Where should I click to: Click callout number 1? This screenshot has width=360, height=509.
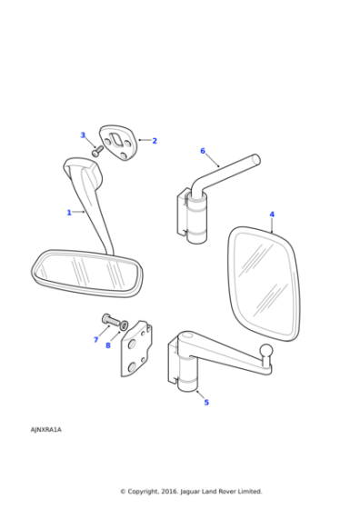click(x=69, y=213)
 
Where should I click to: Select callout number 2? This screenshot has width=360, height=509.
click(x=155, y=141)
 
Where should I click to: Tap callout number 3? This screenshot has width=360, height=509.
click(x=83, y=135)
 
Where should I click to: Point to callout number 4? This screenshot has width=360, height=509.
click(x=272, y=215)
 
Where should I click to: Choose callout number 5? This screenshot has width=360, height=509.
click(x=206, y=402)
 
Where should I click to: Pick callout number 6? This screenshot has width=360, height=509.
click(x=203, y=151)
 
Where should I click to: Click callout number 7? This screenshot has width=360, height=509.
click(x=95, y=340)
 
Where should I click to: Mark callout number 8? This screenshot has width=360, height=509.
click(x=108, y=345)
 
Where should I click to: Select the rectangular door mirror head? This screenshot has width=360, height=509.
click(x=265, y=281)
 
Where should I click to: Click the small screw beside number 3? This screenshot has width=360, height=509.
click(x=97, y=151)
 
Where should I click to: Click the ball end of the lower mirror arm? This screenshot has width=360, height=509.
click(x=266, y=352)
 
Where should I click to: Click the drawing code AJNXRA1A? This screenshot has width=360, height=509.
click(x=46, y=429)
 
